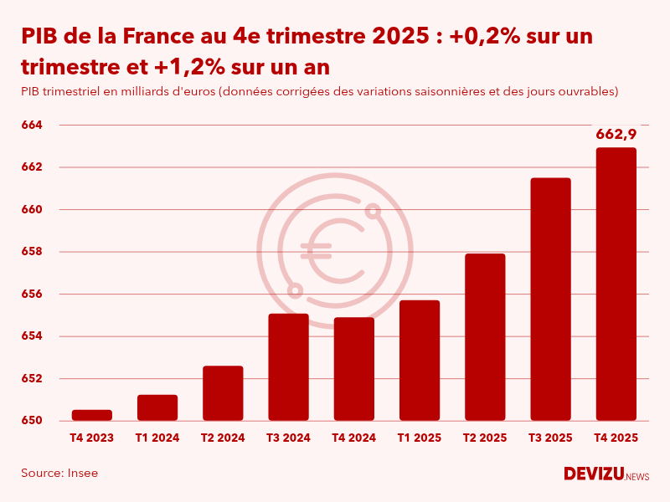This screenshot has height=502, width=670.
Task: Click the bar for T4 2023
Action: point(92,415)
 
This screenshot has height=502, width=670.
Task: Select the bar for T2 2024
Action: point(223,393)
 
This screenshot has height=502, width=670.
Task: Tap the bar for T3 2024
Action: point(288,367)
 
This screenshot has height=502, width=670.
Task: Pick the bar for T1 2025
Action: point(420,361)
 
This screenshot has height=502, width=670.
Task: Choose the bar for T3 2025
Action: point(550,300)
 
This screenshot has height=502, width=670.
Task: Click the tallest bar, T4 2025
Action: point(616,284)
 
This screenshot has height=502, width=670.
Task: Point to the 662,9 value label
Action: point(616,134)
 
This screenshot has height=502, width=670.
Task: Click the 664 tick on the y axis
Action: point(32,125)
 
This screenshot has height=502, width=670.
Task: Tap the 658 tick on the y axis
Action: point(32,252)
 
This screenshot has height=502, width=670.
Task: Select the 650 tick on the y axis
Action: point(32,421)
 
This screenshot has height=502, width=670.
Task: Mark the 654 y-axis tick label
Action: point(32,336)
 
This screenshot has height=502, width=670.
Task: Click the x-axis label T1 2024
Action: point(157,438)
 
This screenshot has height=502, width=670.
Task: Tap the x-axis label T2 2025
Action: point(485,438)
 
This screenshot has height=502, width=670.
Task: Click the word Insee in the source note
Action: point(82,474)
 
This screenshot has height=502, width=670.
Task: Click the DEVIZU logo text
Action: point(593,474)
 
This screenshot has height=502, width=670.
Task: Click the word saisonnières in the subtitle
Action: point(424,90)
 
